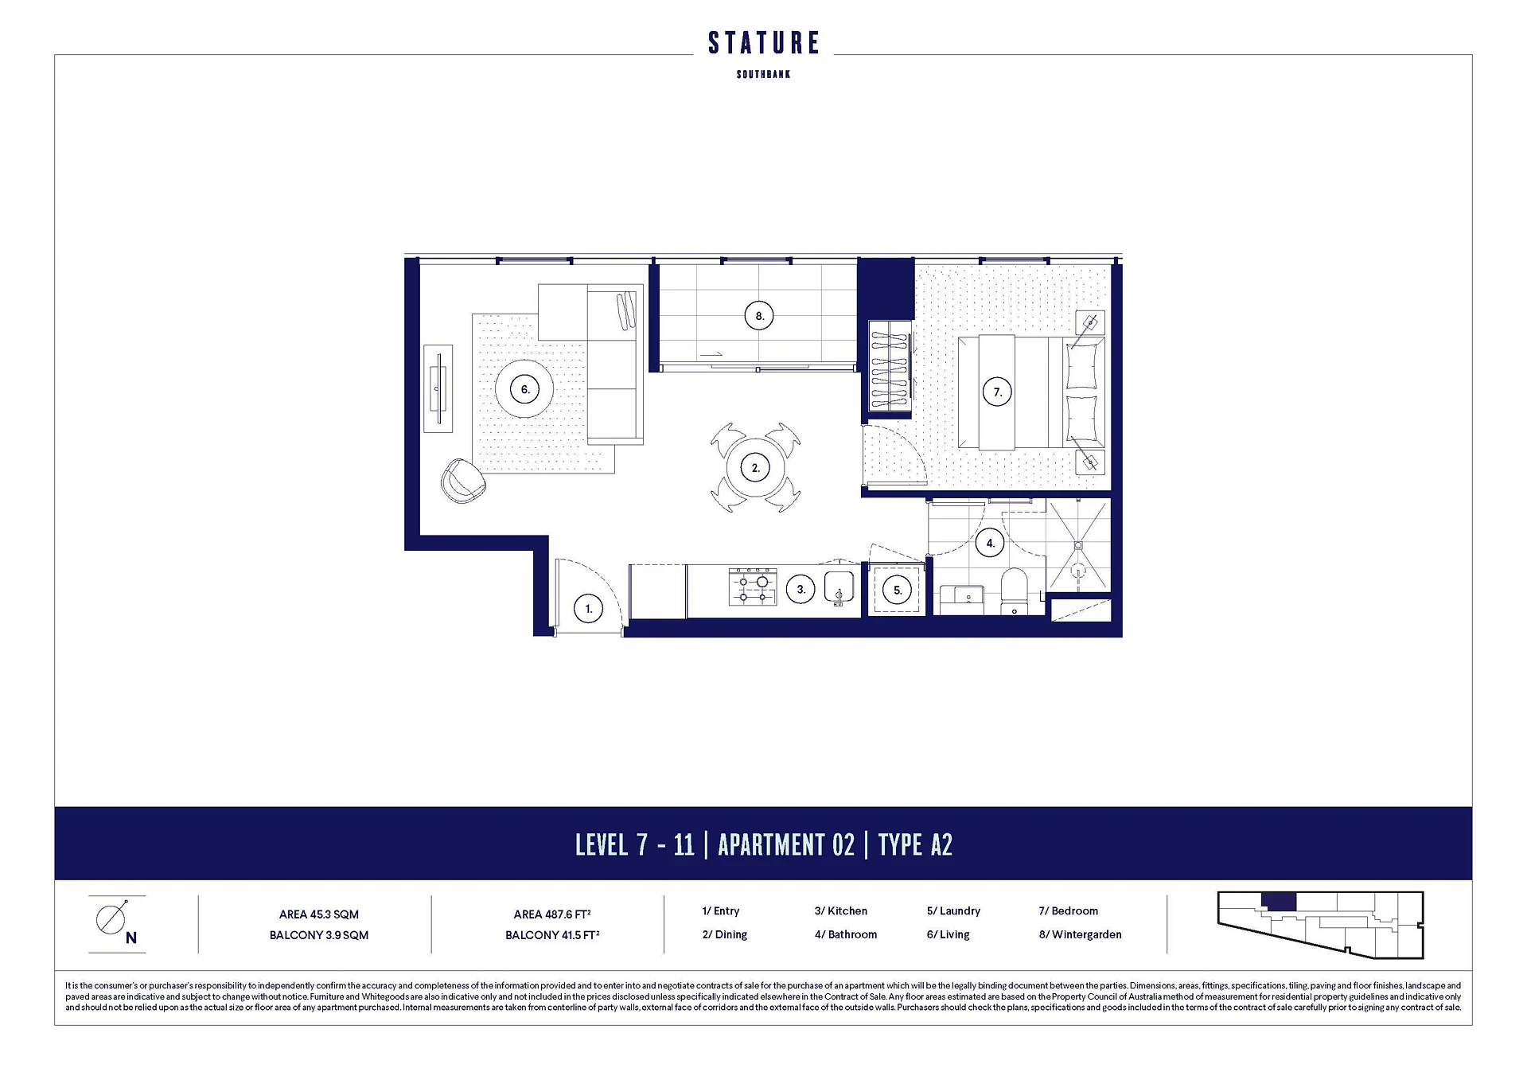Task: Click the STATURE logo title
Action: pos(763,43)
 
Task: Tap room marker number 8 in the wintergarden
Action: pos(759,316)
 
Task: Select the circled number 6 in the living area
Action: pos(525,389)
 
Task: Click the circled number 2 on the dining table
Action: pos(755,468)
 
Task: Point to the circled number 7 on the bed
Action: pos(997,392)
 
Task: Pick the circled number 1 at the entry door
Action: pos(588,609)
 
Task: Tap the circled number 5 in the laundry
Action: pos(898,590)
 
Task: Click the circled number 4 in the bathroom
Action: pos(990,544)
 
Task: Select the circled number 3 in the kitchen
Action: pos(801,589)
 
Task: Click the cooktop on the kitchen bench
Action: pos(753,587)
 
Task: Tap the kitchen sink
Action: pos(839,588)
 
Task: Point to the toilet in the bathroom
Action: pos(1015,591)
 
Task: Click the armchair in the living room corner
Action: pos(463,481)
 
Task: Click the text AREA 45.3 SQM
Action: pos(318,914)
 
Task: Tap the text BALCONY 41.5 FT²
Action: pos(552,935)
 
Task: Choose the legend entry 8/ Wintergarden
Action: pos(1080,934)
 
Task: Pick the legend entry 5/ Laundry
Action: pos(953,910)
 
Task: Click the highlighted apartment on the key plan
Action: pos(1279,902)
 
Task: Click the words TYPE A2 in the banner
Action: pos(915,844)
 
